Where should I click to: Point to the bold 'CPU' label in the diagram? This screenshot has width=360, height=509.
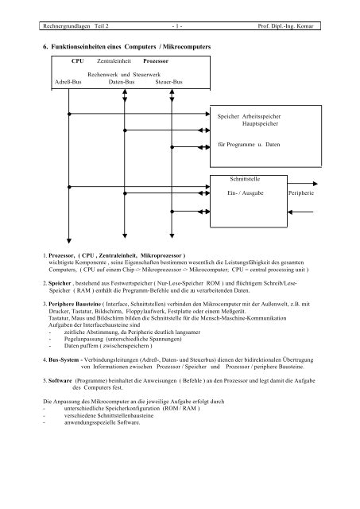[x=78, y=60]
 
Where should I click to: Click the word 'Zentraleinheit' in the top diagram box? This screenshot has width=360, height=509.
[x=114, y=60]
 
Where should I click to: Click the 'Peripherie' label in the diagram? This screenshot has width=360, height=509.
[x=310, y=193]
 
